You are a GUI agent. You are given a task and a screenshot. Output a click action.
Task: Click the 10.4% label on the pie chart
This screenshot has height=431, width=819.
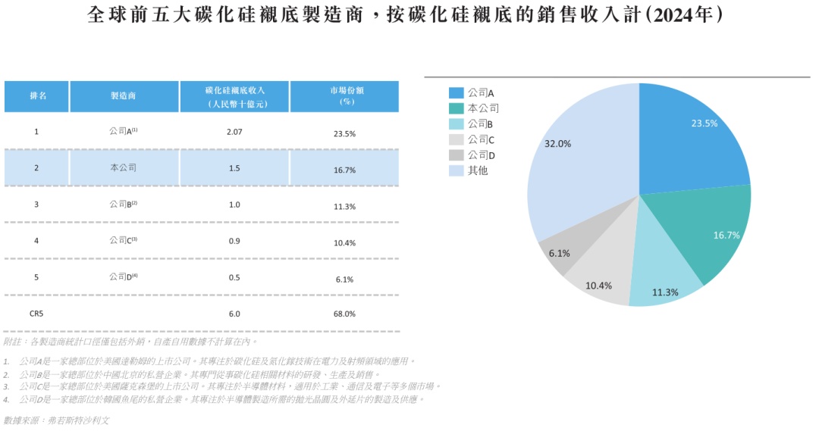[599, 286]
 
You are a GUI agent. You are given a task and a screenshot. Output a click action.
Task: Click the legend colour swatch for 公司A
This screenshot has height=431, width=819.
[456, 92]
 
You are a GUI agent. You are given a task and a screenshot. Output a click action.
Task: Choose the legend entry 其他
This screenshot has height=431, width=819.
[478, 170]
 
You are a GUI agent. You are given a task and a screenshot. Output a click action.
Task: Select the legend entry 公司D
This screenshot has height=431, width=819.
[481, 155]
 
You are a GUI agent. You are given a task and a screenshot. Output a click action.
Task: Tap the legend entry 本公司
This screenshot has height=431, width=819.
[483, 108]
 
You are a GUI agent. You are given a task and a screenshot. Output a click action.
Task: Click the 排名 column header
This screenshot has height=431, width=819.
[37, 96]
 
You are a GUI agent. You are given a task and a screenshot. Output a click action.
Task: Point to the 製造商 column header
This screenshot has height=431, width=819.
[124, 96]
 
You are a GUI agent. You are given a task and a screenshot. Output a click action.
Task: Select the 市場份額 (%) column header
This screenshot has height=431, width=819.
[344, 96]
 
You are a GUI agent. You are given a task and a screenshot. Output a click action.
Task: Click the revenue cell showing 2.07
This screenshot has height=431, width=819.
[234, 132]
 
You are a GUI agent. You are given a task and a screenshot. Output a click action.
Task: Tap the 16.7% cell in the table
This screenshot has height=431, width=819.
[344, 170]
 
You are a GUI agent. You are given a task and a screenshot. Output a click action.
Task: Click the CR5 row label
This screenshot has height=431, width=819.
[36, 314]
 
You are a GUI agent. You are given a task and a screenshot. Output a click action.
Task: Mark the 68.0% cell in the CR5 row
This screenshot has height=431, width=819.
[344, 314]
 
